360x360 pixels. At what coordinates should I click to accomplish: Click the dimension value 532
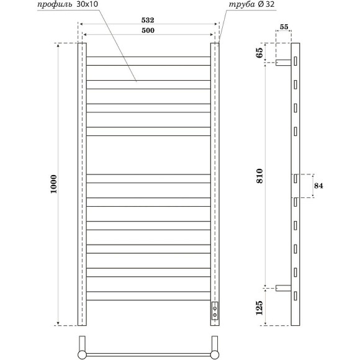click(x=148, y=20)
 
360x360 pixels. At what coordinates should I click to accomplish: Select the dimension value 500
click(x=148, y=30)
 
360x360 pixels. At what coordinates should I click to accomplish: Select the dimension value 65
click(x=258, y=53)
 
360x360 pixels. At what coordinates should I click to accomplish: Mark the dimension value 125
click(x=258, y=307)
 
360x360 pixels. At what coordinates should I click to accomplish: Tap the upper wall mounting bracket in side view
click(x=284, y=62)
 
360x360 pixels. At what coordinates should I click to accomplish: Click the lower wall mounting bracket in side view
click(x=284, y=287)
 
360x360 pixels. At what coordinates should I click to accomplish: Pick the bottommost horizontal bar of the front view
click(x=148, y=295)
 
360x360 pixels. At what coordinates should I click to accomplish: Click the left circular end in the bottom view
click(x=82, y=354)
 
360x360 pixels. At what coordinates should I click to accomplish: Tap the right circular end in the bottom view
click(x=215, y=354)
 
